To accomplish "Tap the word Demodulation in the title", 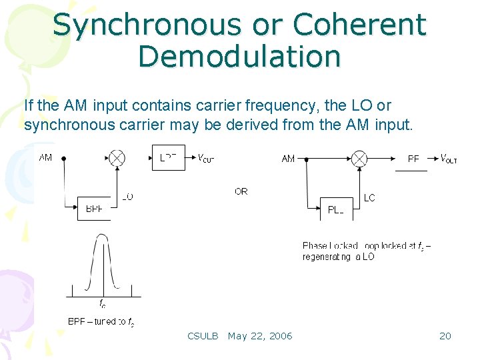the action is point(239,56).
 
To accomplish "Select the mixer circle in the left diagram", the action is point(117,158).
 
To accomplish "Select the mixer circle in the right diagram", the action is point(359,159).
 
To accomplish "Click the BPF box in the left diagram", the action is point(94,209).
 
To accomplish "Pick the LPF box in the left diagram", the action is point(169,157).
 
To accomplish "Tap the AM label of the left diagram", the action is point(45,158).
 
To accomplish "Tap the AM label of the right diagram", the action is point(288,159).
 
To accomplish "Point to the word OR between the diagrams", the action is point(241,191).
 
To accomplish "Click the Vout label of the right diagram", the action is point(449,159).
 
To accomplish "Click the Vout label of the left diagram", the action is point(205,158).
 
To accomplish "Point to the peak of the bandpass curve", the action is point(102,235).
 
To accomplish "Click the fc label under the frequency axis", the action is point(102,304).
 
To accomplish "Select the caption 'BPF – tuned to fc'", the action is point(101,322).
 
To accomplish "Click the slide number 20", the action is point(445,336).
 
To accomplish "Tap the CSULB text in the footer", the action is point(203,336).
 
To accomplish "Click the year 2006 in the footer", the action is point(279,336).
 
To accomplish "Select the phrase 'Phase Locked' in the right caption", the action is point(326,246).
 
